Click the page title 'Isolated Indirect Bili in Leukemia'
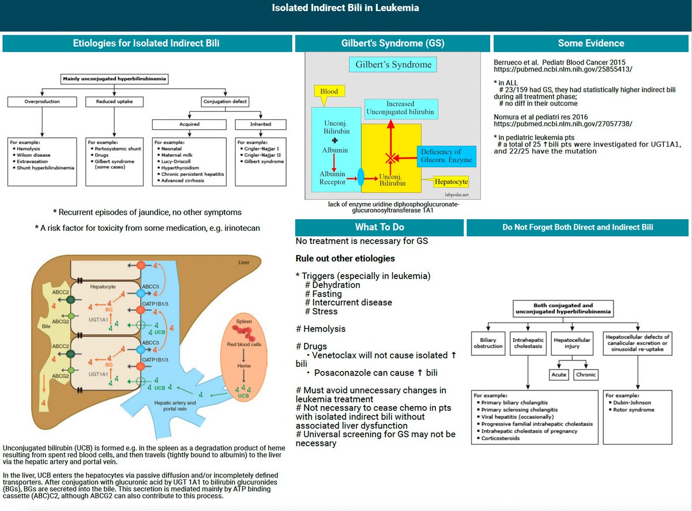[x=345, y=8]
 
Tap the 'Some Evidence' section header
[x=591, y=43]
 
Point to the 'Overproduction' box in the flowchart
[x=43, y=102]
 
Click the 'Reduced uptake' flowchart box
[x=115, y=102]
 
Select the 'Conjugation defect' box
[x=224, y=102]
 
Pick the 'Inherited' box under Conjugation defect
[x=260, y=124]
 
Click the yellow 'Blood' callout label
[x=329, y=91]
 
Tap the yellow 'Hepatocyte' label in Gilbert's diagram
[x=452, y=182]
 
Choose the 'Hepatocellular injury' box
[x=571, y=344]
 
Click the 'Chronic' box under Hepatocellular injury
[x=586, y=375]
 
